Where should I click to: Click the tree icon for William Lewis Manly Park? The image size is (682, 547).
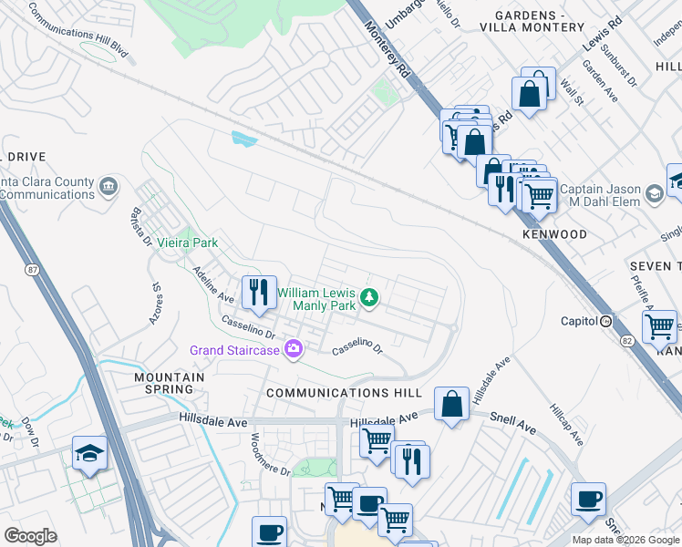coord(369,296)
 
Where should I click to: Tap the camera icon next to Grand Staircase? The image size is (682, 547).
coord(293,349)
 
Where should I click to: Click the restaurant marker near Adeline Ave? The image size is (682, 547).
coord(259,292)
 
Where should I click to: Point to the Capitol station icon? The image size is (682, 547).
coord(605,321)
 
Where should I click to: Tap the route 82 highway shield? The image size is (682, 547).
coord(626,339)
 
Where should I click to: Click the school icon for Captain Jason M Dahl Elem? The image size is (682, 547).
coord(655,194)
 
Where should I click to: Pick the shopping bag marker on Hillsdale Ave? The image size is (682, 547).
coord(451,404)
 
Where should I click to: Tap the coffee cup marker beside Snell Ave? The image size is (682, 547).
coord(588,500)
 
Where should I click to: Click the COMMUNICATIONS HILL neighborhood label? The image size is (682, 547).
coord(344,392)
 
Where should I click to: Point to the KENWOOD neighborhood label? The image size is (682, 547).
coord(554,234)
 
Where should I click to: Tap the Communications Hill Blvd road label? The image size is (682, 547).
coord(78,36)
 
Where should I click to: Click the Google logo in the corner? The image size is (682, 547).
coord(30,535)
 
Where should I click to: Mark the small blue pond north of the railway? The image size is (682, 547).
coord(243,139)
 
